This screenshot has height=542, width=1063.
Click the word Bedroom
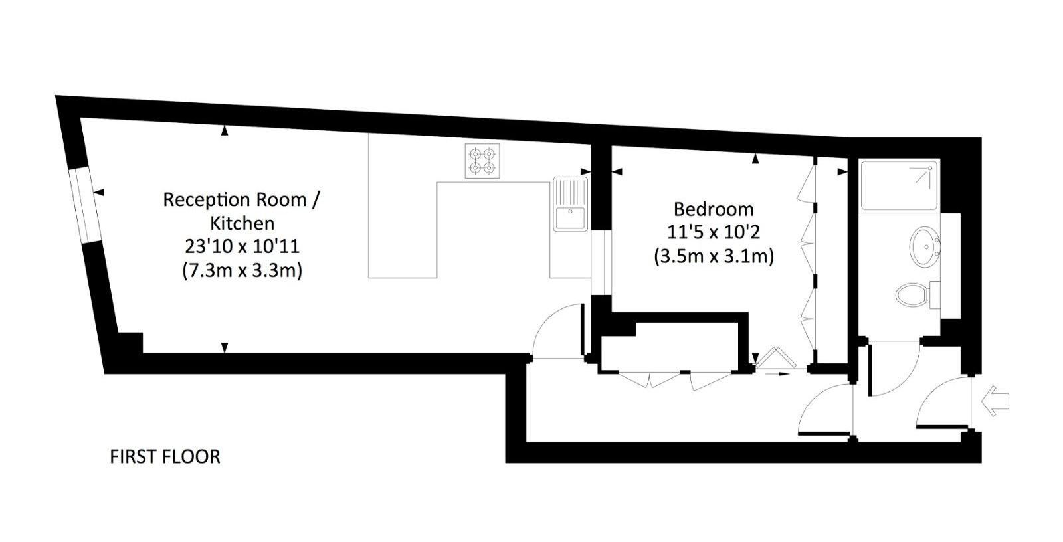pos(714,209)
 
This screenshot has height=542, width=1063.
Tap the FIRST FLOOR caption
pos(165,456)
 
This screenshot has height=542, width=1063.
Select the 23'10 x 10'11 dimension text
pos(242,247)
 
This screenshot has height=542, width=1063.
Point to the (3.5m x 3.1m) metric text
pos(714,256)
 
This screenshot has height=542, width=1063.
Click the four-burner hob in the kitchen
pos(482,161)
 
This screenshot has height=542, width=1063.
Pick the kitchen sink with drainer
pos(571,204)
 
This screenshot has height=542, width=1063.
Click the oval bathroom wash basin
pos(924,247)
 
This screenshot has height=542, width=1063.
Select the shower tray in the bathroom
pos(900,185)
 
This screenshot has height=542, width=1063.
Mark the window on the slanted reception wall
pos(84,206)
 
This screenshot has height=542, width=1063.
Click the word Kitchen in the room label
pos(242,223)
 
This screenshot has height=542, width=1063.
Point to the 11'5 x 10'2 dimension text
pos(714,232)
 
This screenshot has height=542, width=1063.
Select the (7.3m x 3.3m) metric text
pos(242,270)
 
